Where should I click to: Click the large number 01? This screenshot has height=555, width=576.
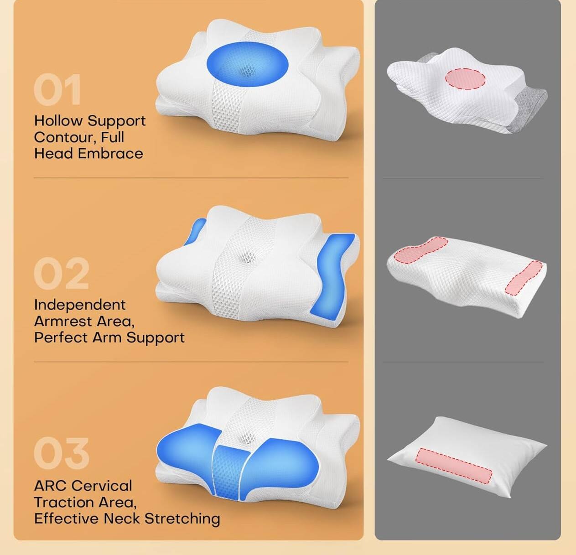[x=57, y=90]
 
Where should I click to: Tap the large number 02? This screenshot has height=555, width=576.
[x=61, y=274]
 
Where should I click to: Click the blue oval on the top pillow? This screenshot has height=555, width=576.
[x=247, y=64]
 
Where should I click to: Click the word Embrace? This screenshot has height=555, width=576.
[x=110, y=154]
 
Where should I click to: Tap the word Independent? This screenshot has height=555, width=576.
[x=79, y=305]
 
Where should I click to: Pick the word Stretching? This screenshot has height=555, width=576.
[x=182, y=519]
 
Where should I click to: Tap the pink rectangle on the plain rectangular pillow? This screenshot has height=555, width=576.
[x=454, y=466]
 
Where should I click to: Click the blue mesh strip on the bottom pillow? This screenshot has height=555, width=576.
[x=229, y=470]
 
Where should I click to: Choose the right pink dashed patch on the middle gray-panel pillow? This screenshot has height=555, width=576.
[x=524, y=277]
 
